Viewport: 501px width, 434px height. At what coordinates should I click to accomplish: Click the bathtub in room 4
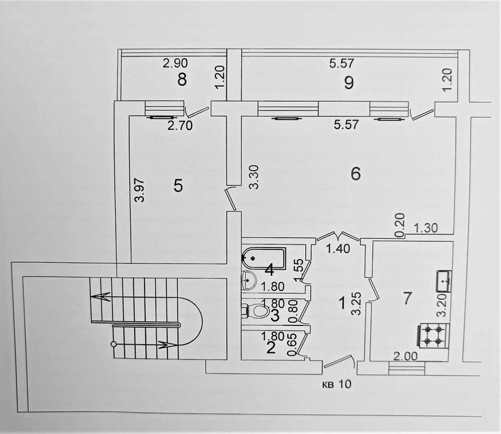click(x=264, y=258)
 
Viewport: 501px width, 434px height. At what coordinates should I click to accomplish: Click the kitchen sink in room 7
click(x=445, y=281)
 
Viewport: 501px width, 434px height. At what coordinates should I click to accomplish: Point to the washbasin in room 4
click(x=249, y=279)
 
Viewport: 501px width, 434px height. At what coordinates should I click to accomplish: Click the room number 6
click(x=356, y=174)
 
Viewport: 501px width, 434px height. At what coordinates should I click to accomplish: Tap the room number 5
click(x=178, y=185)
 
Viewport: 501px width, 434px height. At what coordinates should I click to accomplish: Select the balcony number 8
click(x=182, y=79)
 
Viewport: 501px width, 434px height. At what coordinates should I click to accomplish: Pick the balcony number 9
click(x=349, y=83)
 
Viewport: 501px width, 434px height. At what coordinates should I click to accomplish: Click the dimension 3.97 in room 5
click(x=140, y=190)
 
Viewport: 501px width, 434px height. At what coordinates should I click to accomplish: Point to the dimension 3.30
click(x=254, y=177)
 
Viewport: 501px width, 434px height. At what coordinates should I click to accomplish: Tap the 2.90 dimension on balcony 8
click(x=175, y=63)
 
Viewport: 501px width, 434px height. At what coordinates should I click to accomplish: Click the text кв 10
click(x=336, y=384)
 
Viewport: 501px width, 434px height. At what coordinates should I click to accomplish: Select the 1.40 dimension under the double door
click(x=339, y=249)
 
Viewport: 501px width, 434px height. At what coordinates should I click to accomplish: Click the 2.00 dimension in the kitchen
click(x=405, y=356)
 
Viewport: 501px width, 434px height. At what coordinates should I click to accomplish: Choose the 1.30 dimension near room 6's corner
click(x=425, y=228)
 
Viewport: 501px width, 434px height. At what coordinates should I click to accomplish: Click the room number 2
click(x=270, y=348)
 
